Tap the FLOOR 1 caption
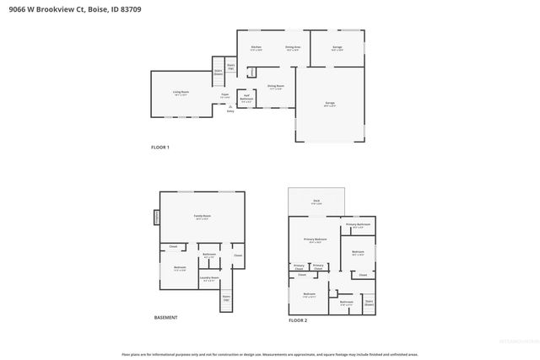160,148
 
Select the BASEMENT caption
165,318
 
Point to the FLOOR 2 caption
298,320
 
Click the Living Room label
181,93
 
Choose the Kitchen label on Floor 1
256,47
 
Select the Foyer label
225,95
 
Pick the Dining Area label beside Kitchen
292,47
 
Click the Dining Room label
275,87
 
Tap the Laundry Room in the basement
209,279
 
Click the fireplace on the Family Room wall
156,218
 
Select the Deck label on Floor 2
316,201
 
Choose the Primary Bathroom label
358,224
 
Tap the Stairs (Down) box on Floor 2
369,301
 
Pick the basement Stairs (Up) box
226,298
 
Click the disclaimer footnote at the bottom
270,355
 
